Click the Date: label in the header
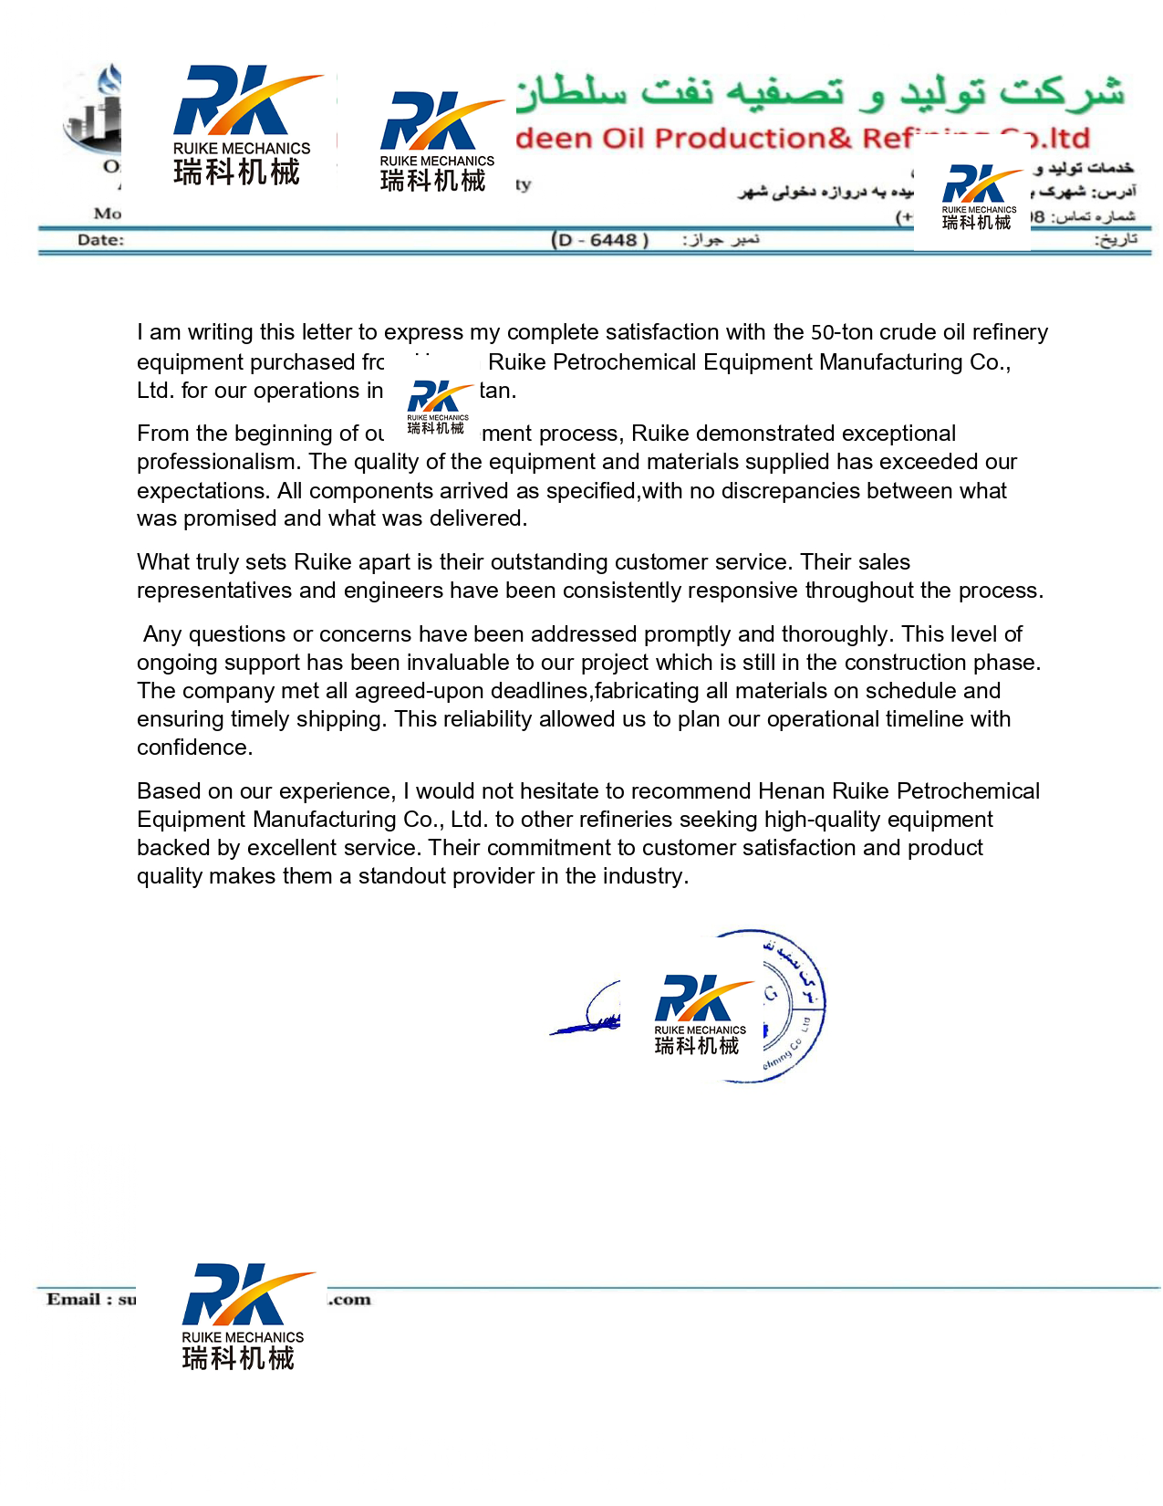[100, 240]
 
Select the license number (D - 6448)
[600, 240]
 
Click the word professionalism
[217, 462]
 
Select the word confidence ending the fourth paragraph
[192, 748]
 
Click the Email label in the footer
[79, 1300]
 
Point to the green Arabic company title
[821, 91]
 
